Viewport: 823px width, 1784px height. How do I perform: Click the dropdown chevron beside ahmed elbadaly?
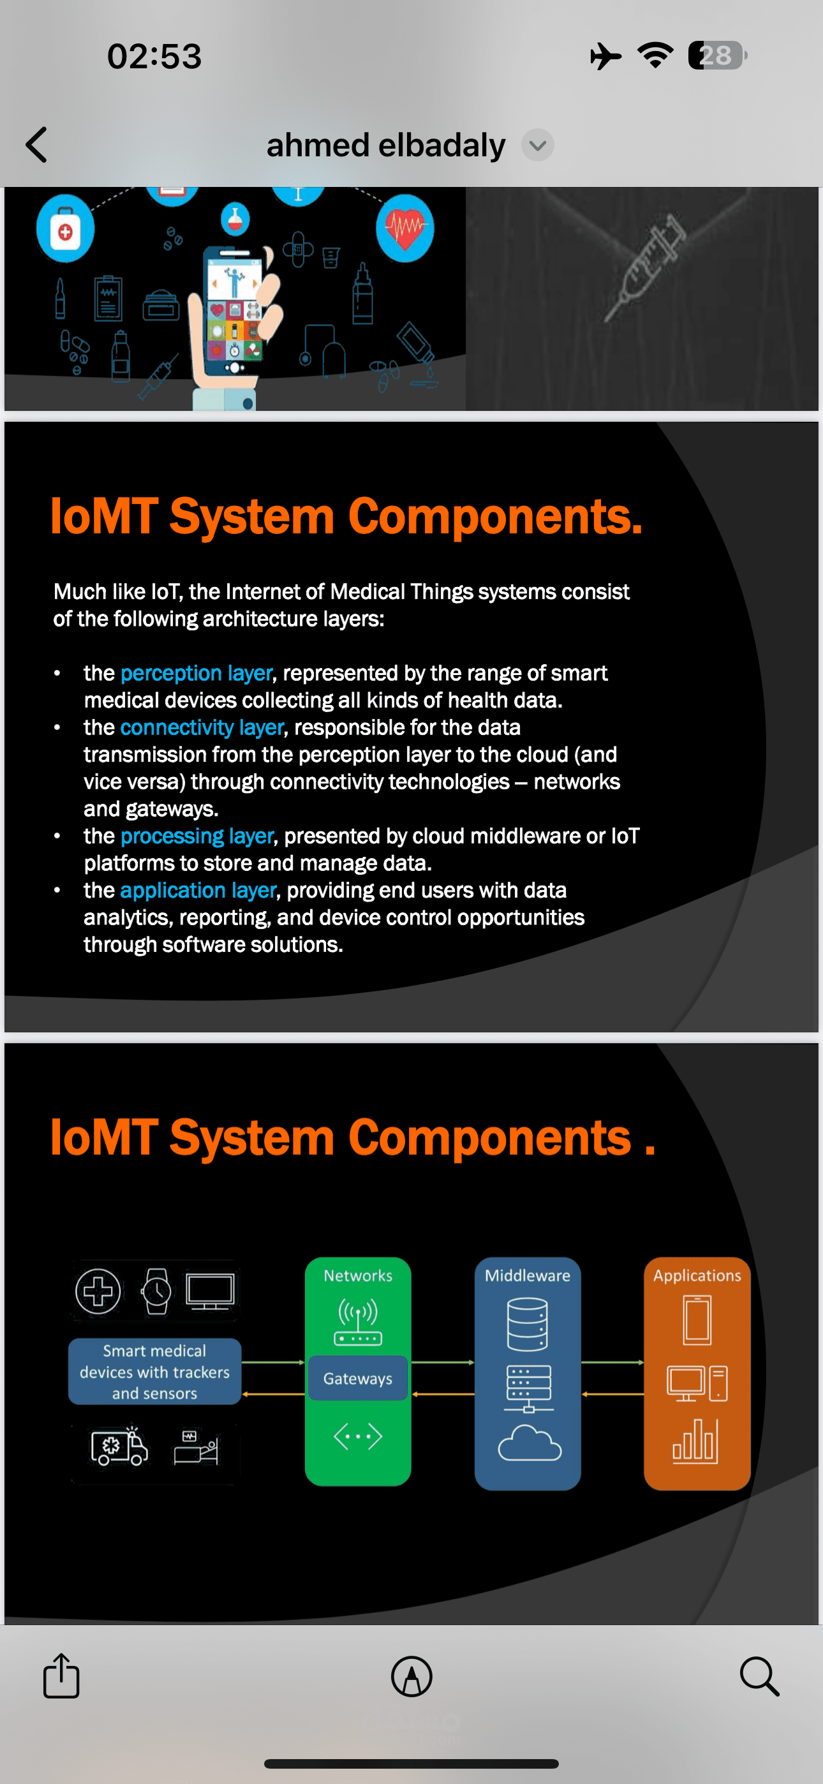(538, 145)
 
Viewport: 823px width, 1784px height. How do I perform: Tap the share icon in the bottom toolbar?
(62, 1676)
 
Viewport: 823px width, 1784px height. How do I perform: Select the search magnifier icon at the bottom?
(759, 1677)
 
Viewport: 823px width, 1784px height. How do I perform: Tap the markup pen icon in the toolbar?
(411, 1677)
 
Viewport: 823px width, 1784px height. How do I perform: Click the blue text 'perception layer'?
(196, 673)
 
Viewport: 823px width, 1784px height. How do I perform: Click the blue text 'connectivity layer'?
(202, 727)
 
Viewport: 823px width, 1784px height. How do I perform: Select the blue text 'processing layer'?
(197, 836)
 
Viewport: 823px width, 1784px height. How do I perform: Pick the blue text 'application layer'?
(198, 890)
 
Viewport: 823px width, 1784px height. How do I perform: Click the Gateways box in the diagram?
(357, 1378)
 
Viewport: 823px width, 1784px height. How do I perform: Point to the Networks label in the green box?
(358, 1275)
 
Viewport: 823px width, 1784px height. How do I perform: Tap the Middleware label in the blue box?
(527, 1275)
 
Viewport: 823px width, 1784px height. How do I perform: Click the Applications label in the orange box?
(697, 1275)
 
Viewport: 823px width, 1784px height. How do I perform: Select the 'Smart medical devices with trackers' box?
(154, 1371)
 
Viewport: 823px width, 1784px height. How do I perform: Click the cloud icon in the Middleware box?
(530, 1443)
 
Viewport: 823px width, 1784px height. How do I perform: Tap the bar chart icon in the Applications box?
(695, 1441)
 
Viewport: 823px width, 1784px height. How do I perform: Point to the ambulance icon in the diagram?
(119, 1445)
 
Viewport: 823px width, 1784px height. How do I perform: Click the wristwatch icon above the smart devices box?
(156, 1291)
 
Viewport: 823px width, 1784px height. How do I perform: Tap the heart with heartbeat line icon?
(405, 228)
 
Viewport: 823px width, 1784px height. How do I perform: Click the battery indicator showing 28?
(717, 56)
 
